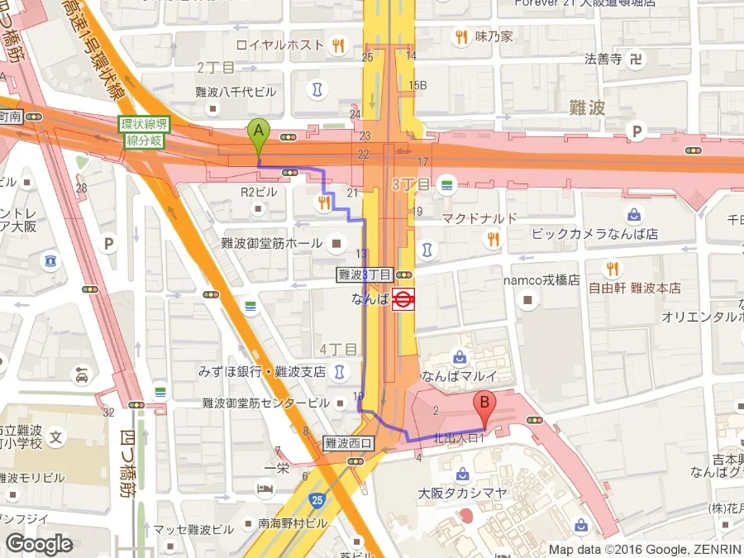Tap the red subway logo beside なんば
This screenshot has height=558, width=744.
click(403, 299)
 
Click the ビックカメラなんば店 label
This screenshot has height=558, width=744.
click(594, 234)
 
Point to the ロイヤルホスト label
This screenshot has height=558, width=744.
click(280, 45)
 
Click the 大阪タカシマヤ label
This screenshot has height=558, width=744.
click(454, 493)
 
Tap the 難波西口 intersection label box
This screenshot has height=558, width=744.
click(349, 444)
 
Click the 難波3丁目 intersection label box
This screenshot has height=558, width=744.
click(365, 274)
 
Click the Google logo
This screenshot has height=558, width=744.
click(39, 544)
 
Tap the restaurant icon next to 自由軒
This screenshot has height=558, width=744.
click(612, 268)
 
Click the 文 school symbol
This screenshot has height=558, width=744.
click(56, 436)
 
